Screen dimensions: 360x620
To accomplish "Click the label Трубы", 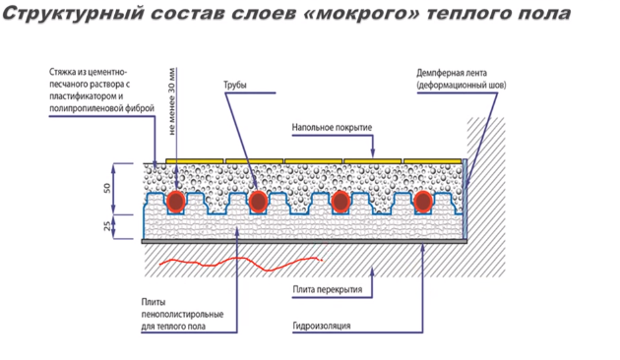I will [x=236, y=88].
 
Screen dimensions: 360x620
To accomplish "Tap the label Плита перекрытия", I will [x=328, y=290].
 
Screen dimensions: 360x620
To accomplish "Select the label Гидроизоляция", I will [x=322, y=326].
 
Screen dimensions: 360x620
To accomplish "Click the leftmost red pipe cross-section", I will [x=176, y=201].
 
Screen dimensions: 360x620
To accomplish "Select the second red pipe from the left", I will [x=258, y=201].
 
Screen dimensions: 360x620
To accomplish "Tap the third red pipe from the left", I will [x=341, y=201].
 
